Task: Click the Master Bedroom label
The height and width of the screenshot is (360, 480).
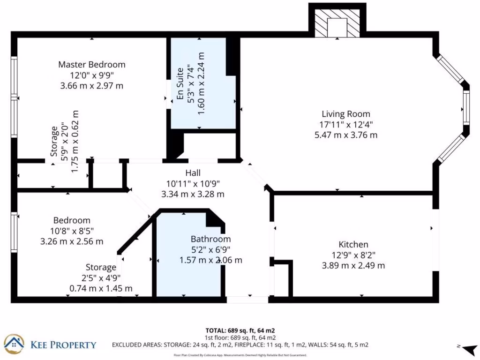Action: pos(92,64)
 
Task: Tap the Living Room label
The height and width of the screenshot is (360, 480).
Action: pos(345,114)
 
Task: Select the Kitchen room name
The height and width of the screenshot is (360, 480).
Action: pos(353,244)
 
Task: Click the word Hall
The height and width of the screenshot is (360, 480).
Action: pos(193,173)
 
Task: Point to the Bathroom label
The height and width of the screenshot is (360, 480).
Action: pos(210,239)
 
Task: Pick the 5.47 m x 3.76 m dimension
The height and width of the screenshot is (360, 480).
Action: pos(345,135)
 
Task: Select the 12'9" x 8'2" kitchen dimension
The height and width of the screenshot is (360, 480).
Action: pos(353,255)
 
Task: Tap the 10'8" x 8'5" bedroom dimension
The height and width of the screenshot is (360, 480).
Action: pos(72,231)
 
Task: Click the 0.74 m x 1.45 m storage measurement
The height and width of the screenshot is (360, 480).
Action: pos(101,288)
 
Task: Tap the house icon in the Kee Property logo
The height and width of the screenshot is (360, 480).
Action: pos(14,345)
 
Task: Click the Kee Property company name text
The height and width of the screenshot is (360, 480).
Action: pos(63,345)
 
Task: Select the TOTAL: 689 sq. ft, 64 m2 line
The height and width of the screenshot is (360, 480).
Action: pos(240,330)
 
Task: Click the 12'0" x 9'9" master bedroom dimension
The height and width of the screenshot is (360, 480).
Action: pos(92,75)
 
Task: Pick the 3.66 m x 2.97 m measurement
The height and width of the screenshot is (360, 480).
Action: pos(92,86)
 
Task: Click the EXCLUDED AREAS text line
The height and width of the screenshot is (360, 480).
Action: pos(240,345)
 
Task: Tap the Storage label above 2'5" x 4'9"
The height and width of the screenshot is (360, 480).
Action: pos(101,267)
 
